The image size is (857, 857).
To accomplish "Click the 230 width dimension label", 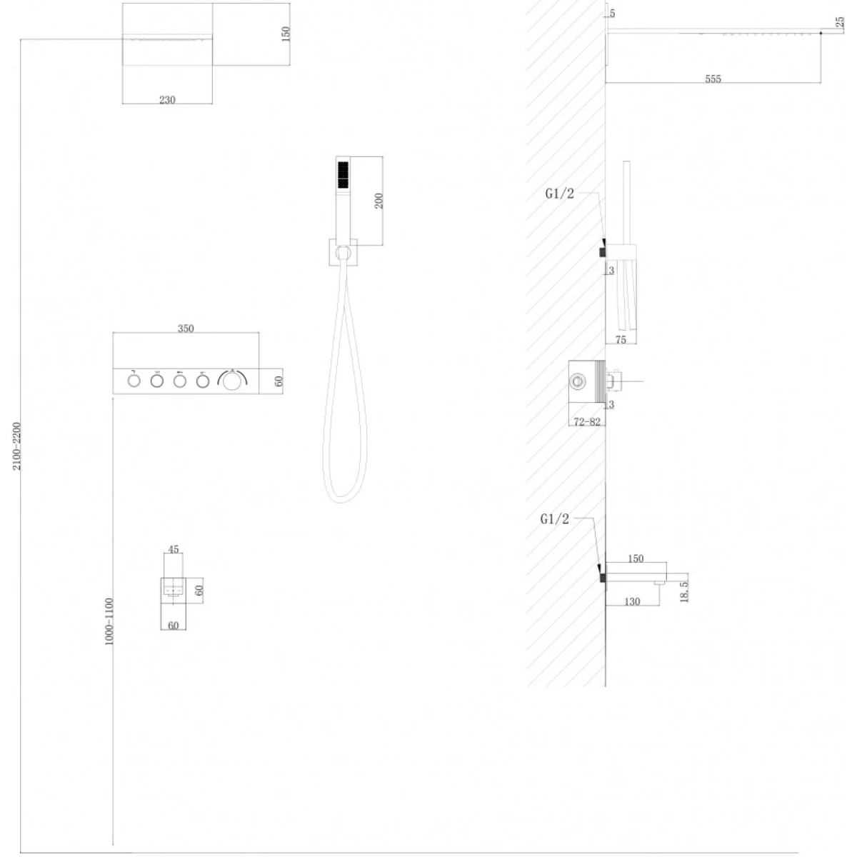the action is (167, 99).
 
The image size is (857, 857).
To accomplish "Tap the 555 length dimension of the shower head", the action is (713, 79).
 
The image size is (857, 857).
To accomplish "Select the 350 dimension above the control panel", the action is (186, 329).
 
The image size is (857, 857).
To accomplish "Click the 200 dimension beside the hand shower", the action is (379, 201).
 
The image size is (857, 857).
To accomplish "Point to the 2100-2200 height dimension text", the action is (16, 446).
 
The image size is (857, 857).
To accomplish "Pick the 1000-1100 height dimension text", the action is (109, 621).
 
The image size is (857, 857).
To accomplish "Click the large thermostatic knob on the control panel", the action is (232, 381).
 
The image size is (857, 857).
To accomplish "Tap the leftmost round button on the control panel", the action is (134, 381).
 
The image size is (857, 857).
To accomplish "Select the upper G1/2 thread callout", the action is (559, 194).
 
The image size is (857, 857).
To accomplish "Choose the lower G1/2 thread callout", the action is (554, 518).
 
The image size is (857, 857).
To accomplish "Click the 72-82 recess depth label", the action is (586, 421).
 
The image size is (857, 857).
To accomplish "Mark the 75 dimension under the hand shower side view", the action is (621, 339).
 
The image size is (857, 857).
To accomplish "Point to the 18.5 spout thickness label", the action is (684, 591).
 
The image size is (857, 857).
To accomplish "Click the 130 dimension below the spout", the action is (632, 602).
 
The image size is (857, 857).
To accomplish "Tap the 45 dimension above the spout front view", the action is (174, 548).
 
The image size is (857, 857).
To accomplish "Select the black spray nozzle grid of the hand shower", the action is (343, 174).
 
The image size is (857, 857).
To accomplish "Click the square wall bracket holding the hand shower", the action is (343, 252).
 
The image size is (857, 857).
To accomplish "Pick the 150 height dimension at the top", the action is (286, 34).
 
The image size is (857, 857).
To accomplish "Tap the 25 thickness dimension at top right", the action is (839, 22).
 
